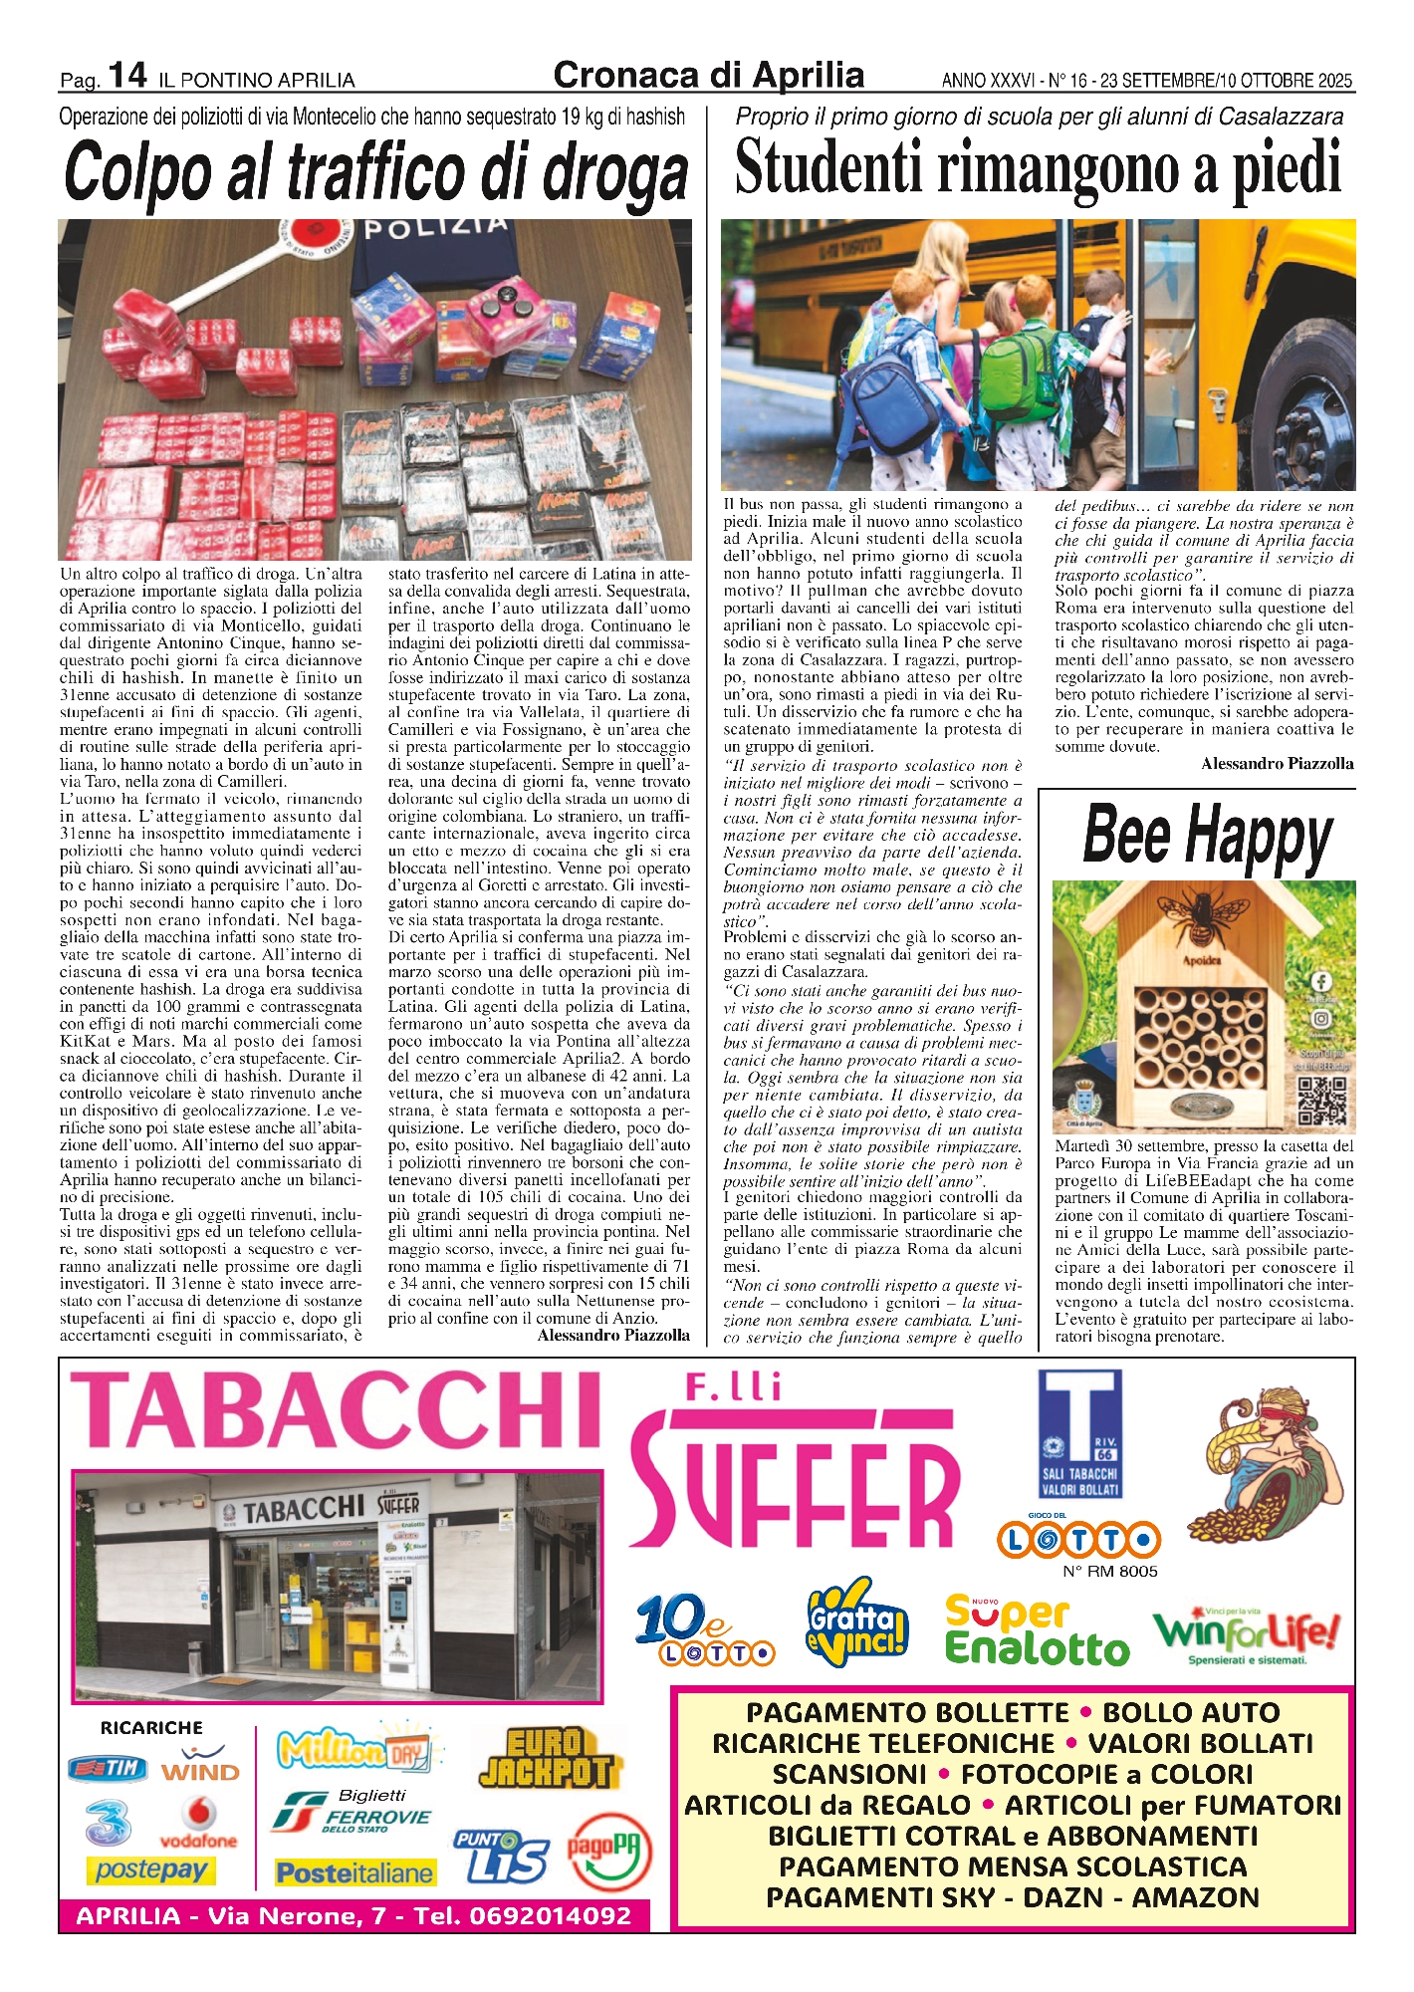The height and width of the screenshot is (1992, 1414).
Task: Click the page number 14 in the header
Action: (127, 75)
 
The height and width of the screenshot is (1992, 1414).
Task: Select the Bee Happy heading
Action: (1207, 835)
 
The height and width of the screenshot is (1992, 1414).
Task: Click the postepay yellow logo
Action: (150, 1870)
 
